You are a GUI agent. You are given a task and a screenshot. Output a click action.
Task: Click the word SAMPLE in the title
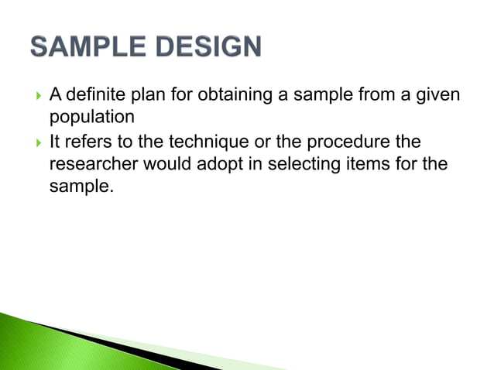pyautogui.click(x=87, y=48)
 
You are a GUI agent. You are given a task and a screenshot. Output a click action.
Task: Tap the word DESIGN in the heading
pyautogui.click(x=205, y=48)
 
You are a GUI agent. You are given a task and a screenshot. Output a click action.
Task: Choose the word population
pyautogui.click(x=91, y=117)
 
